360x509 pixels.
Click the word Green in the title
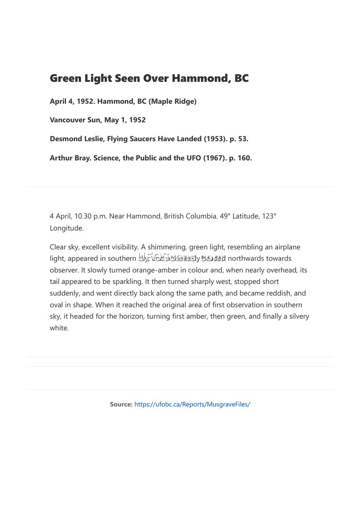66,78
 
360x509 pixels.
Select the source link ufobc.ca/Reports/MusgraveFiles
192,404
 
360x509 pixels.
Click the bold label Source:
121,404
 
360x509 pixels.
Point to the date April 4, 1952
71,101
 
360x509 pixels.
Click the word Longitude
67,228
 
